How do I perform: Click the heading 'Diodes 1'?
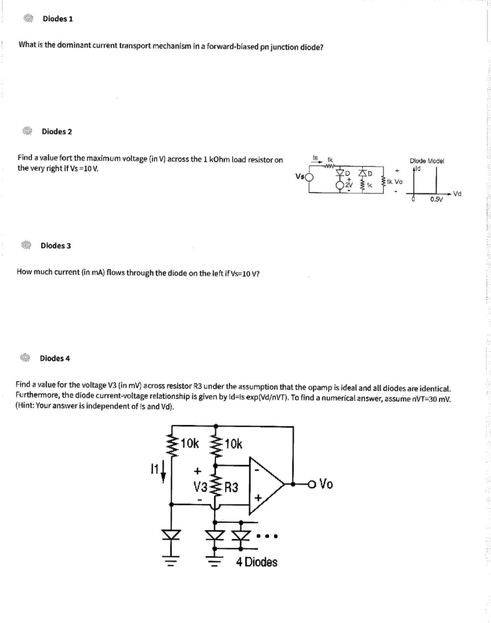58,19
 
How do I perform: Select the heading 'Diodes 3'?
56,245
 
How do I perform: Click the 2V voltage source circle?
339,186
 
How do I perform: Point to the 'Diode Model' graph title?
427,161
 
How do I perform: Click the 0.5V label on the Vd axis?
435,199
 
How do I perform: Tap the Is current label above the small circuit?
315,158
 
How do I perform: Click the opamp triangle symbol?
266,483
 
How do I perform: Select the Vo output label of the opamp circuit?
326,484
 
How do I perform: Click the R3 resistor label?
231,488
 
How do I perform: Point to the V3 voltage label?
200,487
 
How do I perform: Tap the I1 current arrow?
162,470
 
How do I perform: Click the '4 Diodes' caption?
256,562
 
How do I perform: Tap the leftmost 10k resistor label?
189,443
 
